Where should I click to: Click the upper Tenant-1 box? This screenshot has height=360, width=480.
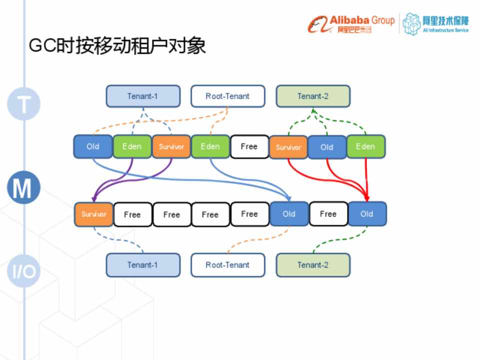click(x=142, y=96)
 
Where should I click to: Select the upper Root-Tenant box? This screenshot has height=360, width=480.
click(x=227, y=96)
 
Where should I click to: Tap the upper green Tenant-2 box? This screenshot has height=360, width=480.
click(x=313, y=96)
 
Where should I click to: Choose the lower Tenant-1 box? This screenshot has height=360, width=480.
click(x=142, y=265)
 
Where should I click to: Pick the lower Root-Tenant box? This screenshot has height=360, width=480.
click(x=227, y=265)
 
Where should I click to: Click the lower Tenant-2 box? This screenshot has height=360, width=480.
click(x=313, y=265)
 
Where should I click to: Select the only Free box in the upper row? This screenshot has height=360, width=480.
click(x=249, y=146)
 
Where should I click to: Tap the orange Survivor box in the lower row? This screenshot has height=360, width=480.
click(x=94, y=214)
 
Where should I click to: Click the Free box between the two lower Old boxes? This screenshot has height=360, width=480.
click(x=328, y=214)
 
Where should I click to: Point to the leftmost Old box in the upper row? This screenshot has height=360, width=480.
click(x=93, y=146)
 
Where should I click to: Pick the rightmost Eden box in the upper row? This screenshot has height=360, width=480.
click(x=365, y=146)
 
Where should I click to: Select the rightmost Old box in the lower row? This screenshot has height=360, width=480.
click(x=367, y=214)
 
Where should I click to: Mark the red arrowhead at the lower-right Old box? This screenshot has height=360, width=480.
click(x=367, y=199)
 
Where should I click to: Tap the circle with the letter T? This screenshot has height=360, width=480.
click(x=23, y=104)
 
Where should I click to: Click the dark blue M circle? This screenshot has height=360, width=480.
click(x=23, y=188)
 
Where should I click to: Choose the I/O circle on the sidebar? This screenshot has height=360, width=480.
click(x=23, y=271)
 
